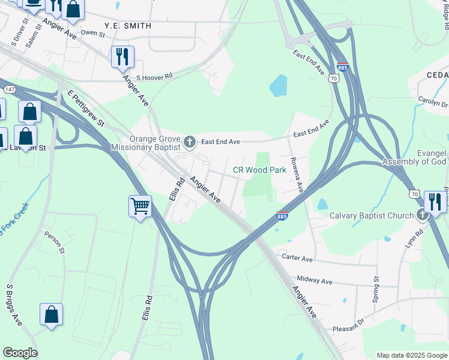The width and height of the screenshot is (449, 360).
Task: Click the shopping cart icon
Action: click(x=140, y=206)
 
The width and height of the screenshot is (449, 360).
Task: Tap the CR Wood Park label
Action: click(x=259, y=170)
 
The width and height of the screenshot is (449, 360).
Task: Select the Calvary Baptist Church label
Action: click(x=372, y=215)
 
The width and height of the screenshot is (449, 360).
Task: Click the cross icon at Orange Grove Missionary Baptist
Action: click(x=190, y=142)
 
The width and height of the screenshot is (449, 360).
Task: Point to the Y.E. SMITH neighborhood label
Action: click(x=127, y=26)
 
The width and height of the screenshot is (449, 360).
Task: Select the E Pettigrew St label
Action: click(x=86, y=109)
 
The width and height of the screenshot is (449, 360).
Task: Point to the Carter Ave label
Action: click(x=298, y=258)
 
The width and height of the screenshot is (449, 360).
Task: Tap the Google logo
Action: click(x=20, y=353)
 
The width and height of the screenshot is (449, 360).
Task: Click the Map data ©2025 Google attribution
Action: click(x=411, y=355)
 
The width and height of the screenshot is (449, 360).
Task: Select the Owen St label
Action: click(x=93, y=32)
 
